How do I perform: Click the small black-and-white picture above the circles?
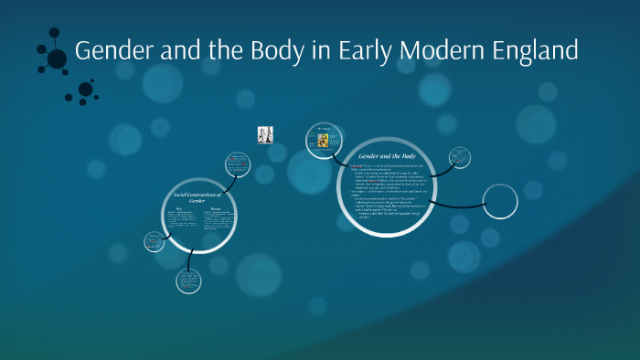click(x=266, y=134)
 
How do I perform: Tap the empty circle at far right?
click(x=500, y=202)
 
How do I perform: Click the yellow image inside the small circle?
click(x=322, y=141)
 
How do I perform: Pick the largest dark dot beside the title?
click(x=58, y=58)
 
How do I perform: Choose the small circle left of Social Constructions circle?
click(x=154, y=242)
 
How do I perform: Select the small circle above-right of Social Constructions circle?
click(x=239, y=165)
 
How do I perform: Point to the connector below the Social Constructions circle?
click(x=191, y=259)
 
